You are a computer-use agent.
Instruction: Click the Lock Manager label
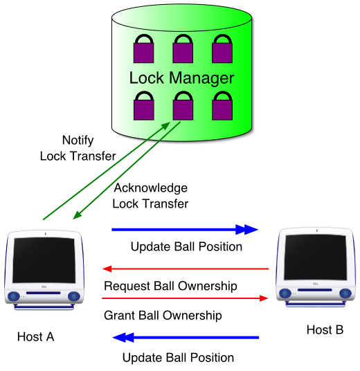point(181,78)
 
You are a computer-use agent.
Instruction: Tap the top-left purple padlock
point(144,48)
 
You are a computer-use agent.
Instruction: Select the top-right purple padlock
point(222,48)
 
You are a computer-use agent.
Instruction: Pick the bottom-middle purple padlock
point(183,106)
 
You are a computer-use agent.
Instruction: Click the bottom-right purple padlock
point(222,106)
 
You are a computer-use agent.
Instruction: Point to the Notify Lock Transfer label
point(78,148)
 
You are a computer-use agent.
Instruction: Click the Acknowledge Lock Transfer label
point(150,196)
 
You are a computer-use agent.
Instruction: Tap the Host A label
point(36,336)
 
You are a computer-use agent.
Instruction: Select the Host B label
point(325,330)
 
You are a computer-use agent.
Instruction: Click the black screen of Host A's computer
point(44,260)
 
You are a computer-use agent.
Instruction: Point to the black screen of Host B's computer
point(316,257)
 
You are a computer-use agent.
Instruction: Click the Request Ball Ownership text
point(170,286)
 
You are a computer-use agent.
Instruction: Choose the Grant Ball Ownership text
point(163,316)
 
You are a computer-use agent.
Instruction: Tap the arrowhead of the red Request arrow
point(107,269)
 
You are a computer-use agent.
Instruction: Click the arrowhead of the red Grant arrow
point(264,298)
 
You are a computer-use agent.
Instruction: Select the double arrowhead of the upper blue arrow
point(246,229)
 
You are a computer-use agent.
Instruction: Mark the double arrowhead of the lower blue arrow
point(123,337)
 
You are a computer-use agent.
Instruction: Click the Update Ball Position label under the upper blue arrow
point(186,246)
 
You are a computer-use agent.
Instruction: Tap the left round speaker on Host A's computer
point(14,296)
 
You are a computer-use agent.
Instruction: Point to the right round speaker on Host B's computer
point(345,293)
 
